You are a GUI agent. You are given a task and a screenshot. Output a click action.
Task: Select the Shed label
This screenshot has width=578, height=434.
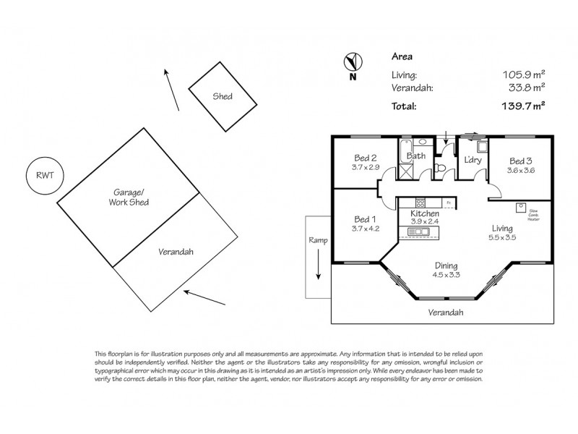point(223,96)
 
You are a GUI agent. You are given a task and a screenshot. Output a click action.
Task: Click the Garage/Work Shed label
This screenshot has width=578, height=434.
point(131,197)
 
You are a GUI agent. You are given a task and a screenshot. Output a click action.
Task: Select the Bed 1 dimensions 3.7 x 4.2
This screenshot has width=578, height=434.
point(366,229)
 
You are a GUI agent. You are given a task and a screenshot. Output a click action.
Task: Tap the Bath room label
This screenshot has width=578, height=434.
point(417,156)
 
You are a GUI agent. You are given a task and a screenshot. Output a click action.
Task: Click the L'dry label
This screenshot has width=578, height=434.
point(473,160)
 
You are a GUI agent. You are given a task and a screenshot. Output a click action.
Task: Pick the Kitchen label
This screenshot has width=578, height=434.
point(425,215)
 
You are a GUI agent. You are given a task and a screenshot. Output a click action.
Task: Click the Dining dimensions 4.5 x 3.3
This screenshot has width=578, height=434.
point(446,275)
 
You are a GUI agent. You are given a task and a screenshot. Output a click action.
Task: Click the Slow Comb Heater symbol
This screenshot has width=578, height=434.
point(519,206)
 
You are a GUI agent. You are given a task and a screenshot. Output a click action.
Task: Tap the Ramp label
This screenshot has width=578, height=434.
point(318,240)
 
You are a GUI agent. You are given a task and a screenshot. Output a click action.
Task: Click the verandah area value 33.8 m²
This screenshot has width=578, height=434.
point(528,88)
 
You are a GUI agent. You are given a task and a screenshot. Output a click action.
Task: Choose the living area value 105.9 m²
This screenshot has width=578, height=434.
point(523,74)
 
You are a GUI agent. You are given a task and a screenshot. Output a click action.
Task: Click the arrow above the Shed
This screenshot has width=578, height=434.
point(171,89)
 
